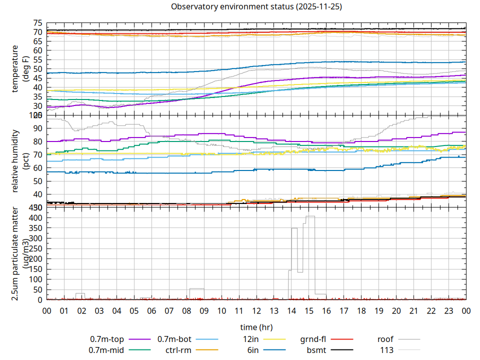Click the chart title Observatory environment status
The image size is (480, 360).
pyautogui.click(x=256, y=7)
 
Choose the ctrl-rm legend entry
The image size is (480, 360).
pyautogui.click(x=178, y=349)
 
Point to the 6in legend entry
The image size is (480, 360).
pyautogui.click(x=253, y=349)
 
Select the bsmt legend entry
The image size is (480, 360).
pyautogui.click(x=316, y=349)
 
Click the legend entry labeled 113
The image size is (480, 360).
pyautogui.click(x=387, y=349)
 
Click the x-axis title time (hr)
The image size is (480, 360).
pyautogui.click(x=256, y=327)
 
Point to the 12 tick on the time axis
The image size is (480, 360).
pyautogui.click(x=256, y=310)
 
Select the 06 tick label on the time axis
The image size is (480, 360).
pyautogui.click(x=151, y=310)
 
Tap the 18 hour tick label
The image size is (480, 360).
pyautogui.click(x=361, y=310)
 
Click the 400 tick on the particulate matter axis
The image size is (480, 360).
pyautogui.click(x=36, y=218)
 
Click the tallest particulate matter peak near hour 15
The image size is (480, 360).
pyautogui.click(x=310, y=216)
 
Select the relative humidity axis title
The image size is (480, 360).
pyautogui.click(x=16, y=161)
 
